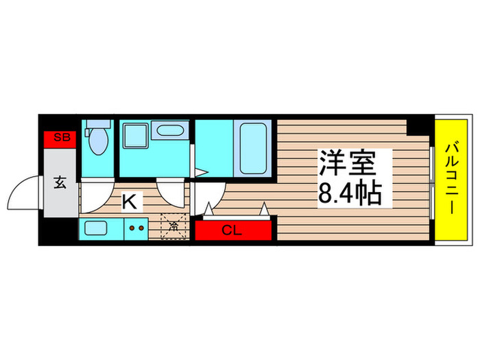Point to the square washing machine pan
[134, 136]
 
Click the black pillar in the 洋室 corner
[415, 125]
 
